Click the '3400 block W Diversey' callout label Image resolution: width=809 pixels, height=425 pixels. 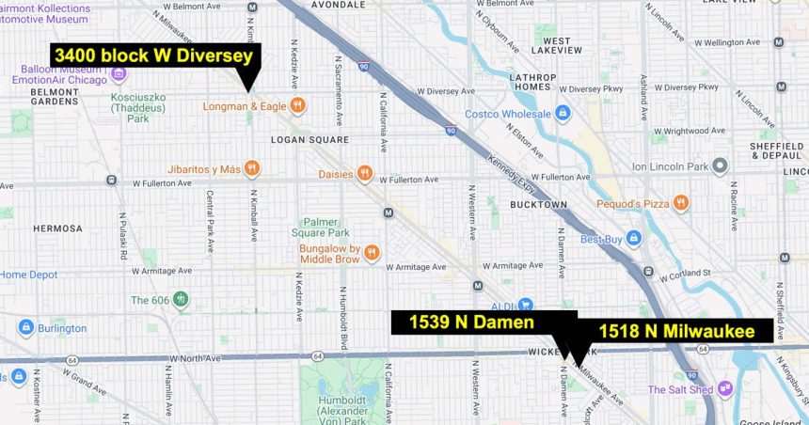coord(154,55)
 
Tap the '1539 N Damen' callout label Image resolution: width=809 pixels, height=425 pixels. coord(471,323)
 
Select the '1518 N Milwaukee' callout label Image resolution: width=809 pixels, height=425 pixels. coord(675,331)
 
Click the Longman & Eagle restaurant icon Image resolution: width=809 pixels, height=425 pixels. coord(297,106)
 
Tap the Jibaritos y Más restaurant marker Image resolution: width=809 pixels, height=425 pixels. coord(251,169)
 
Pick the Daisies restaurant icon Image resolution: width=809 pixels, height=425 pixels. coord(364,174)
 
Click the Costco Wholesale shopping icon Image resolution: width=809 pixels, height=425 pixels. coord(563,114)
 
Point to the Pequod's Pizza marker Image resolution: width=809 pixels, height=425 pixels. coord(680,203)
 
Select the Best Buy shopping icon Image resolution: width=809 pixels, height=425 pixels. coord(634,239)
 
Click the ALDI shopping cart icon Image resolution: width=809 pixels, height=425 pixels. coord(525,305)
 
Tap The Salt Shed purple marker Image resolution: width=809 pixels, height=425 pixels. coord(724,388)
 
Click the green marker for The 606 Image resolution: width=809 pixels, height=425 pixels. coord(181,300)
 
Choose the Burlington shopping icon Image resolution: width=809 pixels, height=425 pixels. coord(25,328)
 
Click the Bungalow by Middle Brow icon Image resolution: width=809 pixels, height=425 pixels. coord(373,252)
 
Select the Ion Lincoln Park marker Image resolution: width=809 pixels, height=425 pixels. coord(720,166)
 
